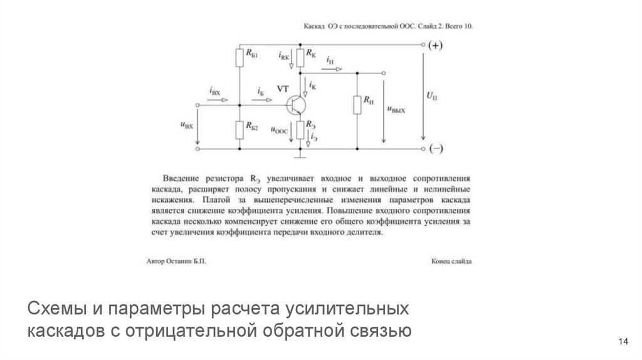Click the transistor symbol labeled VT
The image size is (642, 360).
[x=295, y=105]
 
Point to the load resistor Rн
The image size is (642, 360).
[x=357, y=104]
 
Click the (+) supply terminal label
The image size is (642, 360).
[x=436, y=45]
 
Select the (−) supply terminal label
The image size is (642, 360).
[x=436, y=149]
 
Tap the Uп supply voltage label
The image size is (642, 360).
[x=432, y=96]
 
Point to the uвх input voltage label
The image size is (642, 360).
[x=186, y=125]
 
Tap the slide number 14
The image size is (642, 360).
[x=623, y=341]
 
